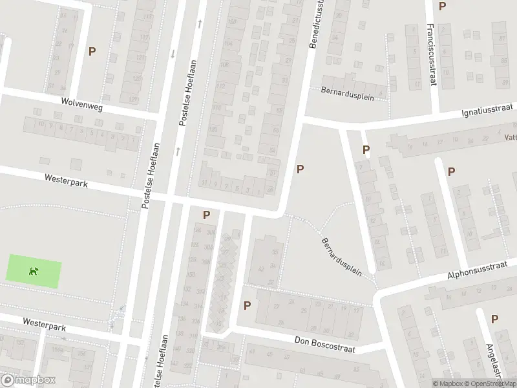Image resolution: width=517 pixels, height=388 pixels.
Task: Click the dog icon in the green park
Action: [34, 271]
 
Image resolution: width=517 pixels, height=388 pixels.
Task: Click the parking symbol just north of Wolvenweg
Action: [92, 51]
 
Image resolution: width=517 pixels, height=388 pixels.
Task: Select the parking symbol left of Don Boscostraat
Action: [247, 305]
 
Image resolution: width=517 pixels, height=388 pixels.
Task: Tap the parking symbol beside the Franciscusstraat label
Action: [443, 6]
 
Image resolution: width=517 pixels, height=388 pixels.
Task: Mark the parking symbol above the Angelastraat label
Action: [494, 319]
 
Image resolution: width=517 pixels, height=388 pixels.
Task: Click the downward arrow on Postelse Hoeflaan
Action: [173, 54]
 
